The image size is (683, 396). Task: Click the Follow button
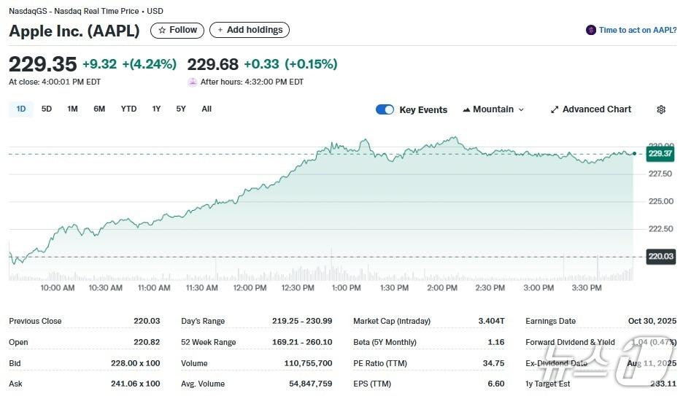click(x=177, y=30)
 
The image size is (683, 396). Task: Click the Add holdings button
click(x=249, y=30)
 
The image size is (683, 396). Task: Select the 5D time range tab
click(x=47, y=109)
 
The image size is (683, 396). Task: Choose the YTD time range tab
click(x=128, y=109)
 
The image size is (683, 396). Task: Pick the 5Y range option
click(x=181, y=109)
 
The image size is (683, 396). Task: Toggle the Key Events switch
click(x=385, y=109)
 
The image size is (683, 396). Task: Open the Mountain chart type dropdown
click(x=493, y=109)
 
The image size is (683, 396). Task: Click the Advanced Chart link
click(x=591, y=109)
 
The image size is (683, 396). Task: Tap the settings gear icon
click(x=661, y=109)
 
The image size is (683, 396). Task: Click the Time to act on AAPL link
click(x=632, y=30)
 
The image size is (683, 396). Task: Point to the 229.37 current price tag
click(x=660, y=153)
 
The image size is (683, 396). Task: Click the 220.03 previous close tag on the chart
click(x=660, y=256)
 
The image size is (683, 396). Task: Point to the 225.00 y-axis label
click(x=660, y=201)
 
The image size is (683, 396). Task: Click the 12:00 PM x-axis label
click(x=250, y=288)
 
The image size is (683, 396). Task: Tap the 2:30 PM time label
click(x=490, y=288)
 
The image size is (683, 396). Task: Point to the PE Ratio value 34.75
click(x=493, y=363)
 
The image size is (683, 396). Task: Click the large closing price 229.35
click(x=42, y=63)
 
